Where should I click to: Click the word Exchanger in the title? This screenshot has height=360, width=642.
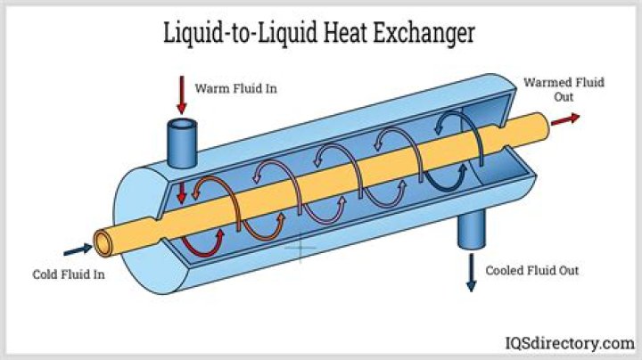point(424,33)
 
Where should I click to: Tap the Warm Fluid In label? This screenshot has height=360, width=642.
point(235,88)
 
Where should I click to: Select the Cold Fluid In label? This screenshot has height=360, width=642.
point(69,274)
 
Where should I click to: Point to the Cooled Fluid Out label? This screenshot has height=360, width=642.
point(531,270)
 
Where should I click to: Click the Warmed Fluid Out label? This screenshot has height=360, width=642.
point(564,90)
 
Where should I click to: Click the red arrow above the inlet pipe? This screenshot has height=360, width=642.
point(182,94)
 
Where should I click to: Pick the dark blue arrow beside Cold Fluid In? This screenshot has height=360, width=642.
point(78,250)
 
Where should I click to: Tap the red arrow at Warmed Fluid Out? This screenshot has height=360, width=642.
point(565,119)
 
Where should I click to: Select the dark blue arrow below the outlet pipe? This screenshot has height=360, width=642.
point(472,273)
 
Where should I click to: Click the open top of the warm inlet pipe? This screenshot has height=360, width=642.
point(182,124)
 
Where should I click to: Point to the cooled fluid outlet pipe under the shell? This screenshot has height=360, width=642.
point(472,229)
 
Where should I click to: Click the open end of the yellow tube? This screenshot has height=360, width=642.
point(103,244)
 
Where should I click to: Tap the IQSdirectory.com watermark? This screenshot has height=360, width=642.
point(570,343)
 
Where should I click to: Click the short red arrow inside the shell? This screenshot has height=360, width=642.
point(181,192)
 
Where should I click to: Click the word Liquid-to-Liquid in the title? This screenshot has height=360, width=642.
point(240,33)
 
